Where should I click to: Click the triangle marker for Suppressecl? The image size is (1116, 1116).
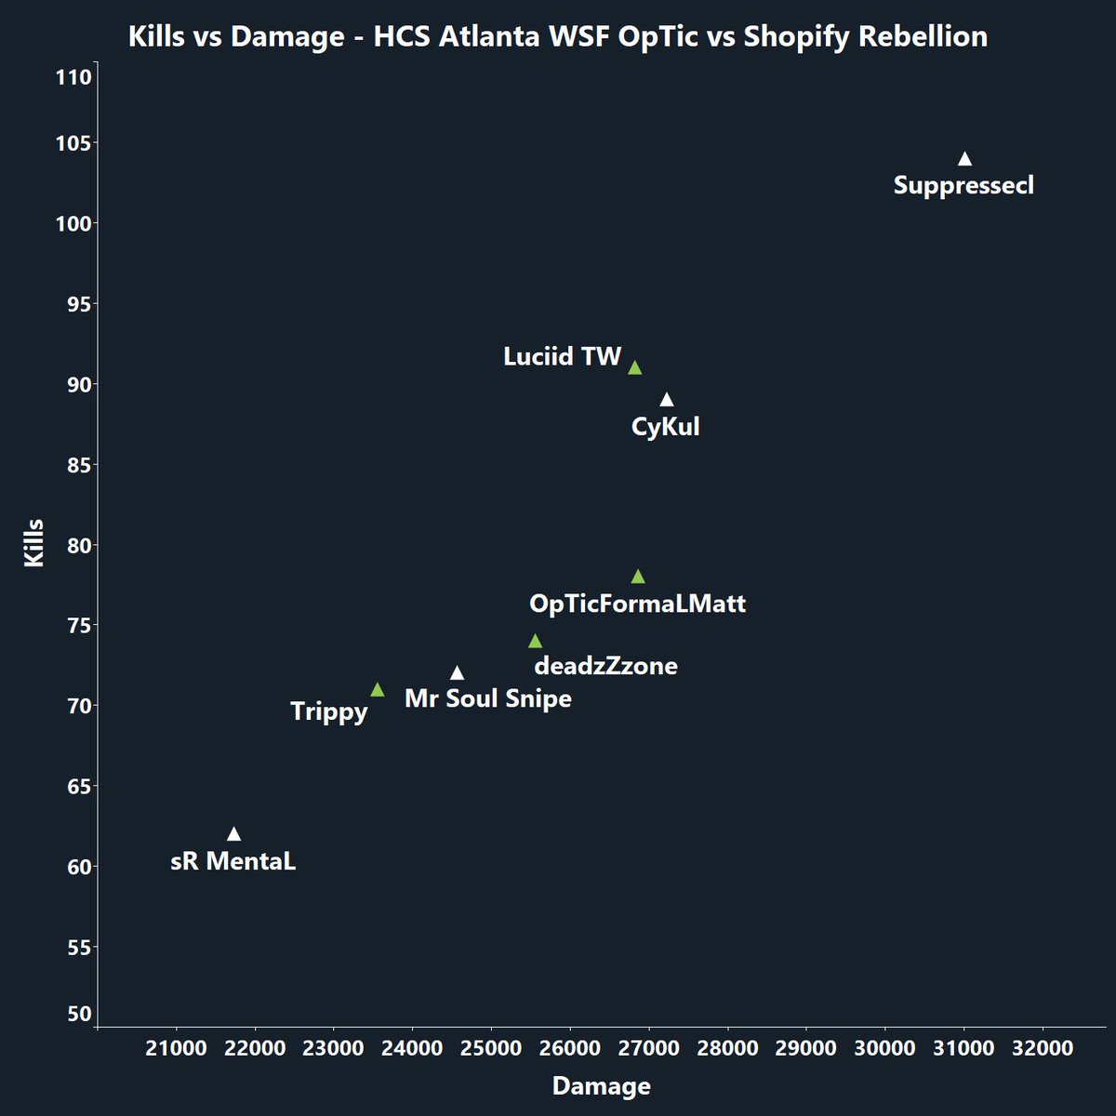pos(964,159)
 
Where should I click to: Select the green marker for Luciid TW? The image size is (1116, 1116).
pos(634,368)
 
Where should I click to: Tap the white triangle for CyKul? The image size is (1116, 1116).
pos(666,400)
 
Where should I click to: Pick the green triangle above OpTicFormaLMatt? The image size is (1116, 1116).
pos(638,577)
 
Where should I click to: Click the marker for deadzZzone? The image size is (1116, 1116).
pos(535,642)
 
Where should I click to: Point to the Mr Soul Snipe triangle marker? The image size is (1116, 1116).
pos(457,673)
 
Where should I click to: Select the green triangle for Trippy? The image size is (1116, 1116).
pos(377,690)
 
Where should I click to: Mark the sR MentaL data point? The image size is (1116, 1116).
pos(233,834)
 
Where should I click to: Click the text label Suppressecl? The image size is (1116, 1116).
pos(963,185)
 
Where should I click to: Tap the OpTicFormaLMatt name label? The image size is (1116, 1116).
pos(637,604)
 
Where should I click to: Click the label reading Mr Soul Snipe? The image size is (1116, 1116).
pos(488,698)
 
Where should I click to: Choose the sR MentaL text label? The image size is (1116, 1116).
pos(233,861)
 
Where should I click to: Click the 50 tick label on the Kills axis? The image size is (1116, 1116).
pos(80,1014)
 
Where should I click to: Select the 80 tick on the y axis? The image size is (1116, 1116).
pos(79,545)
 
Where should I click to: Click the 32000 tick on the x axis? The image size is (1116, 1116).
pos(1042,1049)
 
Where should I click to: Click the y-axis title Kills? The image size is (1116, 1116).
pos(34,544)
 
